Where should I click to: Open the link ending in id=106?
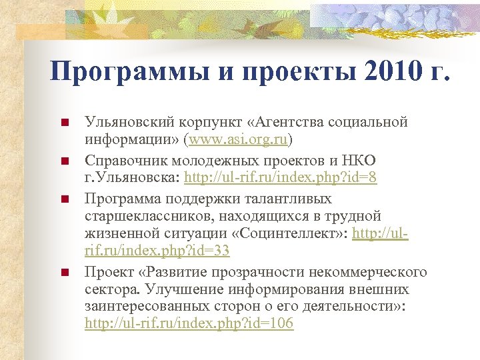tap(189, 324)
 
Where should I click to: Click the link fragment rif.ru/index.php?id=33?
tap(157, 251)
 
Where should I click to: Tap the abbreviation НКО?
tap(358, 161)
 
